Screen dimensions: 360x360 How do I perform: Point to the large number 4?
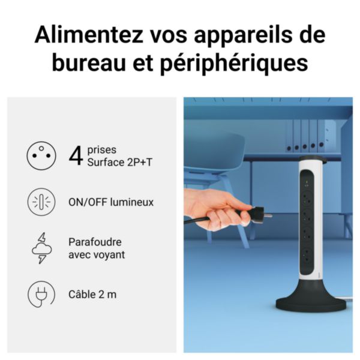pos(76,156)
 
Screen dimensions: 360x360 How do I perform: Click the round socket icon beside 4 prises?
pos(41,156)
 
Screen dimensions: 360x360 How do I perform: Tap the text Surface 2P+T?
pos(110,162)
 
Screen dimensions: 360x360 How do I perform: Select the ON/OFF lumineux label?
pos(111,202)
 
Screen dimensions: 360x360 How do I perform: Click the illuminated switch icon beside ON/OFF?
pos(41,202)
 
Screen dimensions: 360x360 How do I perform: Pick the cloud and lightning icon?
pos(41,248)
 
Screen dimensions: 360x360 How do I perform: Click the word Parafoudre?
pos(95,242)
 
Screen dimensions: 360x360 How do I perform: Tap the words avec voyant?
pos(97,255)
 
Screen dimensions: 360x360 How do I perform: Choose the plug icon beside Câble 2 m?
pos(41,295)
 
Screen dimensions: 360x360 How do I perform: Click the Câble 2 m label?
pos(92,295)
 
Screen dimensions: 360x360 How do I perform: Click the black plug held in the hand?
pos(254,213)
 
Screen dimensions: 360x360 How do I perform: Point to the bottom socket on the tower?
pos(307,254)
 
